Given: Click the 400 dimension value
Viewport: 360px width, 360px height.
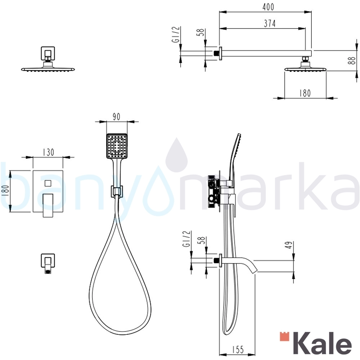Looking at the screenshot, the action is [x=268, y=7].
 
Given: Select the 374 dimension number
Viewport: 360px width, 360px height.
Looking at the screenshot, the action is [x=270, y=23].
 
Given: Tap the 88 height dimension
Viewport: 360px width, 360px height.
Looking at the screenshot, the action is [x=351, y=60].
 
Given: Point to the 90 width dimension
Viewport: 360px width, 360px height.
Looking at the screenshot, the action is [x=116, y=117].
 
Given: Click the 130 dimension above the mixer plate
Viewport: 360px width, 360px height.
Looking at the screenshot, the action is [x=48, y=152].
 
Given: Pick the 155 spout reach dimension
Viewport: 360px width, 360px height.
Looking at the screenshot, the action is [x=238, y=350].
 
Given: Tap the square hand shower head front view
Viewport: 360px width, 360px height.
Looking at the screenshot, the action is [x=117, y=146].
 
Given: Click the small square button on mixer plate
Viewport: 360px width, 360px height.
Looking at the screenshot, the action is [x=48, y=184].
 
